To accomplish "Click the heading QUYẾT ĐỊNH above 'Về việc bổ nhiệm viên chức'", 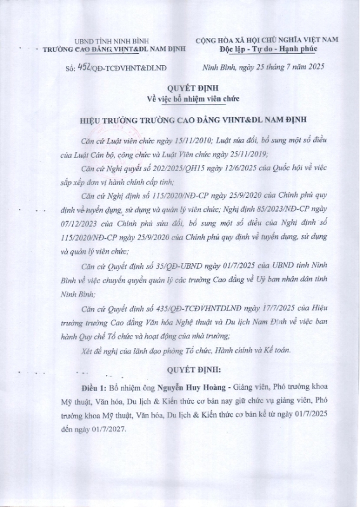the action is [180, 89].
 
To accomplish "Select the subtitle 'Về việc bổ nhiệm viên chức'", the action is [180, 99].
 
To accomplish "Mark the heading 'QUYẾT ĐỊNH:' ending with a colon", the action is [180, 368].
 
